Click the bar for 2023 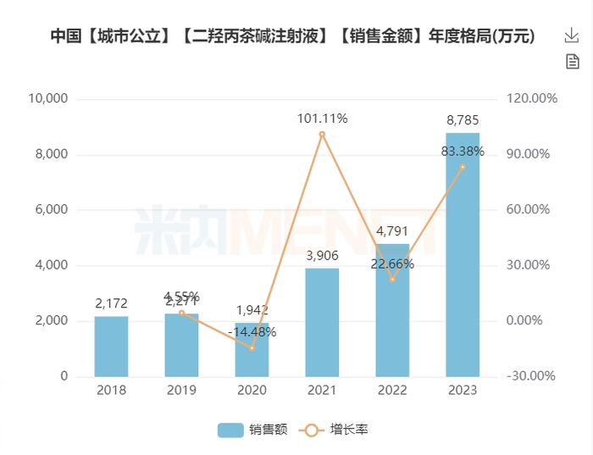463,254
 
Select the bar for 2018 111,347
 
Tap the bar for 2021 322,322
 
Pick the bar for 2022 392,310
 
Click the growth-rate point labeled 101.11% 322,134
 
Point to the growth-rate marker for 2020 252,347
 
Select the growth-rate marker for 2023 463,167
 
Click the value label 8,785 463,120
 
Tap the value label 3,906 322,256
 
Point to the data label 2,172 111,303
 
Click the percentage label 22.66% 392,264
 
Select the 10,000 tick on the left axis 48,99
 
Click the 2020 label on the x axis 252,391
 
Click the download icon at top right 572,36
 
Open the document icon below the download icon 572,61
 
